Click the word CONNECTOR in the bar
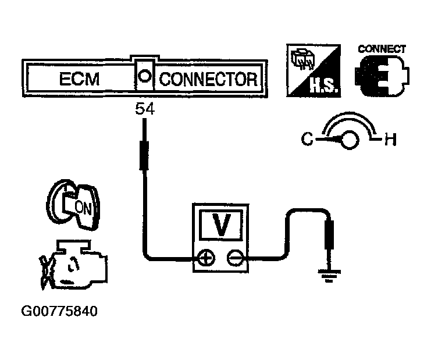coord(208,79)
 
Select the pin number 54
coord(144,109)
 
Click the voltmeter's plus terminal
coord(205,256)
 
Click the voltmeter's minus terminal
coord(235,256)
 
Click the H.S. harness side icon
coord(314,69)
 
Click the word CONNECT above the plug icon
coord(382,49)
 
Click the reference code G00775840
coord(59,312)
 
